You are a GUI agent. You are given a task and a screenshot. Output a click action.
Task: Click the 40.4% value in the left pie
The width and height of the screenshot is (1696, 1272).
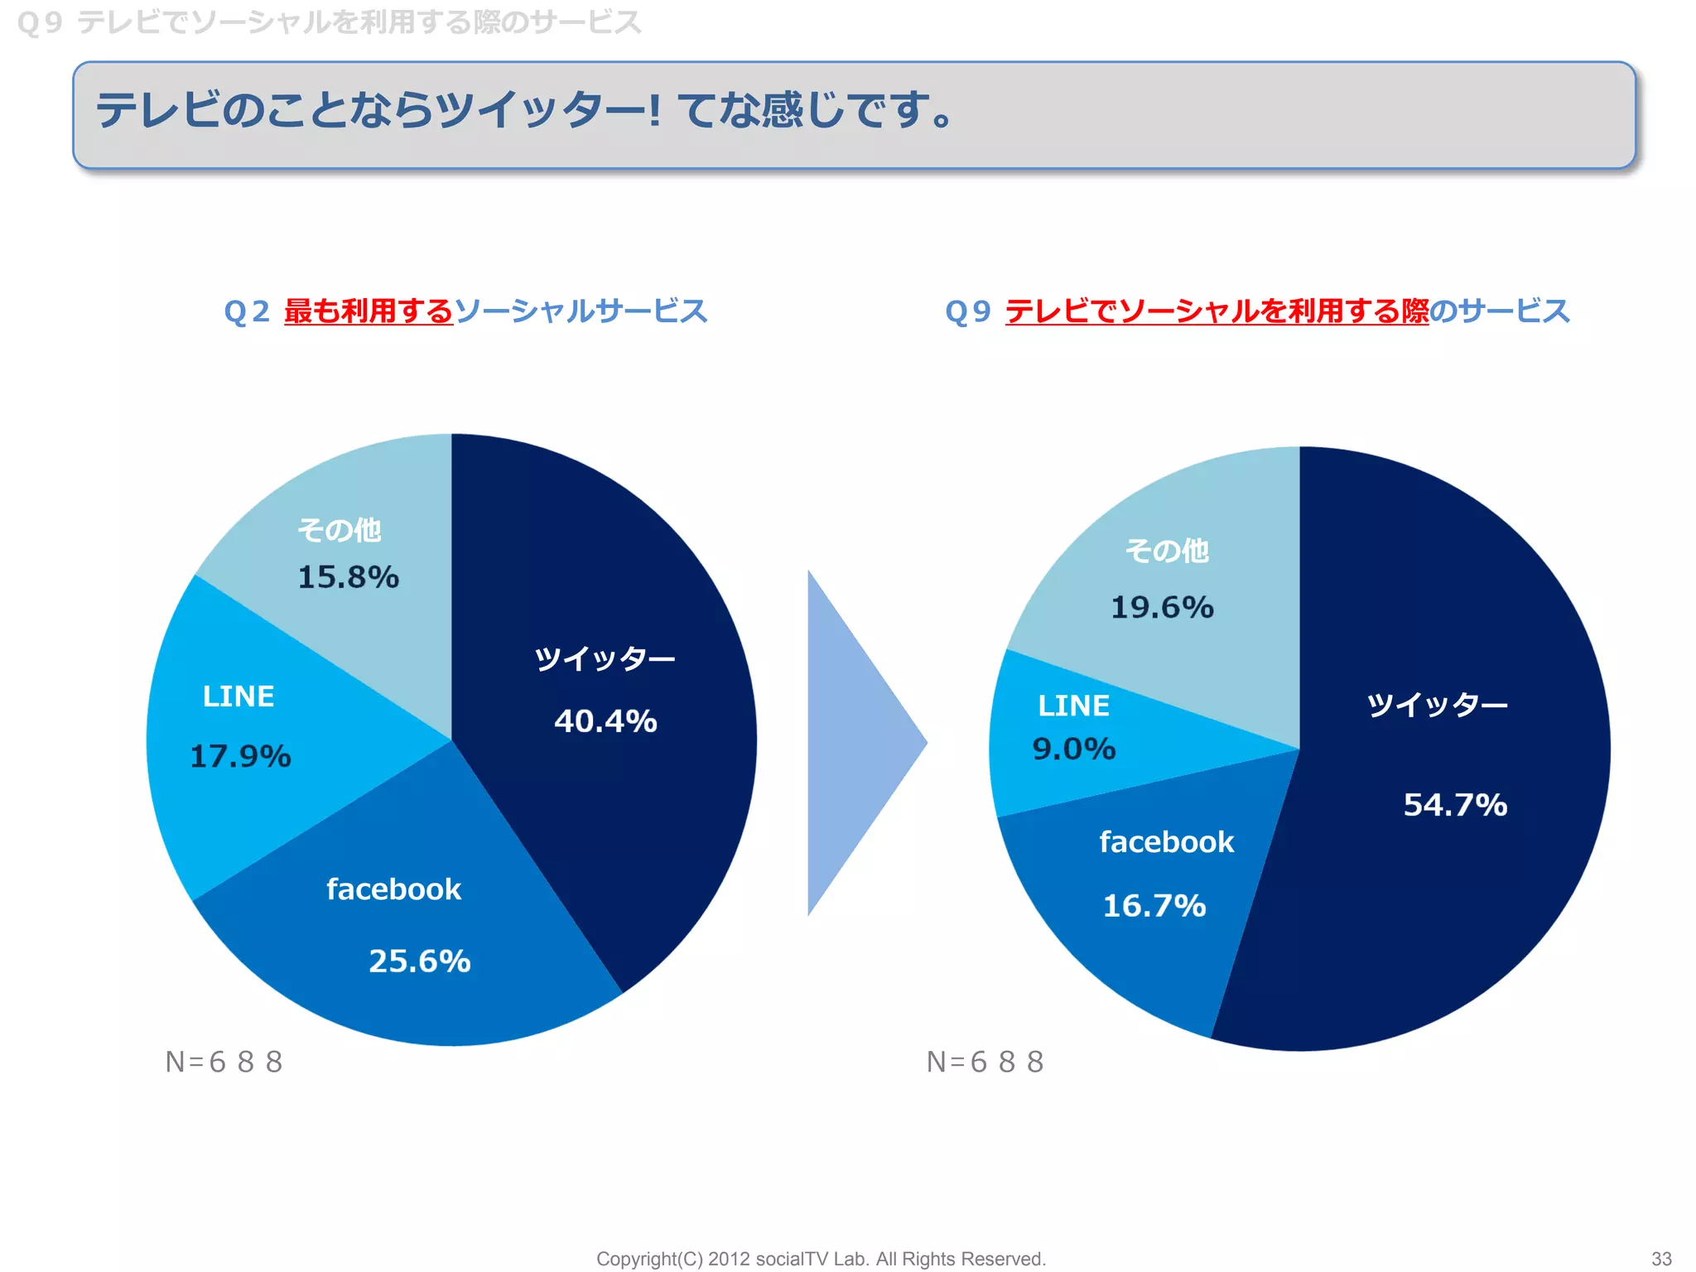click(x=605, y=720)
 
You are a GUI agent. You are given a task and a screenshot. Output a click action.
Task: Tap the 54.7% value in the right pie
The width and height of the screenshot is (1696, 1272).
click(x=1455, y=804)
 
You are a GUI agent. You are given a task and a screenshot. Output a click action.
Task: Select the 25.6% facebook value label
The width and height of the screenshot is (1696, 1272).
click(x=419, y=961)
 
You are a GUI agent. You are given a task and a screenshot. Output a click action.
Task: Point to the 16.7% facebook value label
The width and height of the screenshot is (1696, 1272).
click(x=1154, y=905)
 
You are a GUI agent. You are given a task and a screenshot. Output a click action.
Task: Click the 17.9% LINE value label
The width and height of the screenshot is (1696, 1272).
click(x=240, y=756)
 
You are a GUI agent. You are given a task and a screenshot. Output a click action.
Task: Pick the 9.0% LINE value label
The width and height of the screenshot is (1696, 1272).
click(x=1073, y=749)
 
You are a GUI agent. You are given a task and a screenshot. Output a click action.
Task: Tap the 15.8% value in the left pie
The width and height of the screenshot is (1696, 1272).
click(x=348, y=577)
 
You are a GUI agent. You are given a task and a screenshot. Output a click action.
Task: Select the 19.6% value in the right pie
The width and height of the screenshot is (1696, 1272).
click(x=1161, y=607)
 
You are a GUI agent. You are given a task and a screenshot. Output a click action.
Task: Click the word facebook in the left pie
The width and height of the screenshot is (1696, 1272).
click(x=393, y=889)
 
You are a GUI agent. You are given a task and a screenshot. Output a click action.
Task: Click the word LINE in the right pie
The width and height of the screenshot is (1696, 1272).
click(x=1073, y=706)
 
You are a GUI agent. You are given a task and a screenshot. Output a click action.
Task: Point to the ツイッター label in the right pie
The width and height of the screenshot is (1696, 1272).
click(x=1437, y=705)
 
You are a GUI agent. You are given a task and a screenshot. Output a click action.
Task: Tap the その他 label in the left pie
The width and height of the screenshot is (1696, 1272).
click(x=339, y=530)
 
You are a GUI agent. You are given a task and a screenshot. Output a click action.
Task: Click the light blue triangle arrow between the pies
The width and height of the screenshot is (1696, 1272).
click(x=853, y=743)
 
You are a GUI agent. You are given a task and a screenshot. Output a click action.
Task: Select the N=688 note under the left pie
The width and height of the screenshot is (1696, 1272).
click(x=224, y=1062)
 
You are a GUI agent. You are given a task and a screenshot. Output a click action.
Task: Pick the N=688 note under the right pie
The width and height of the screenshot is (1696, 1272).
click(x=985, y=1062)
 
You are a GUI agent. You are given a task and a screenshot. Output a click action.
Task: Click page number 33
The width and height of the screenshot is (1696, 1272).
click(x=1661, y=1259)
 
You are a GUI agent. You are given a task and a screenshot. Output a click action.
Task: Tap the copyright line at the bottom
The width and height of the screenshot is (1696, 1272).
click(x=821, y=1259)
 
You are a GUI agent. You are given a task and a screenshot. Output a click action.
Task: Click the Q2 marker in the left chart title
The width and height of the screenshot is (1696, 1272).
click(x=246, y=311)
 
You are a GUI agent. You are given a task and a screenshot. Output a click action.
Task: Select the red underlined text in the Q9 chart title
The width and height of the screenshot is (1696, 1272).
click(x=1217, y=311)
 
